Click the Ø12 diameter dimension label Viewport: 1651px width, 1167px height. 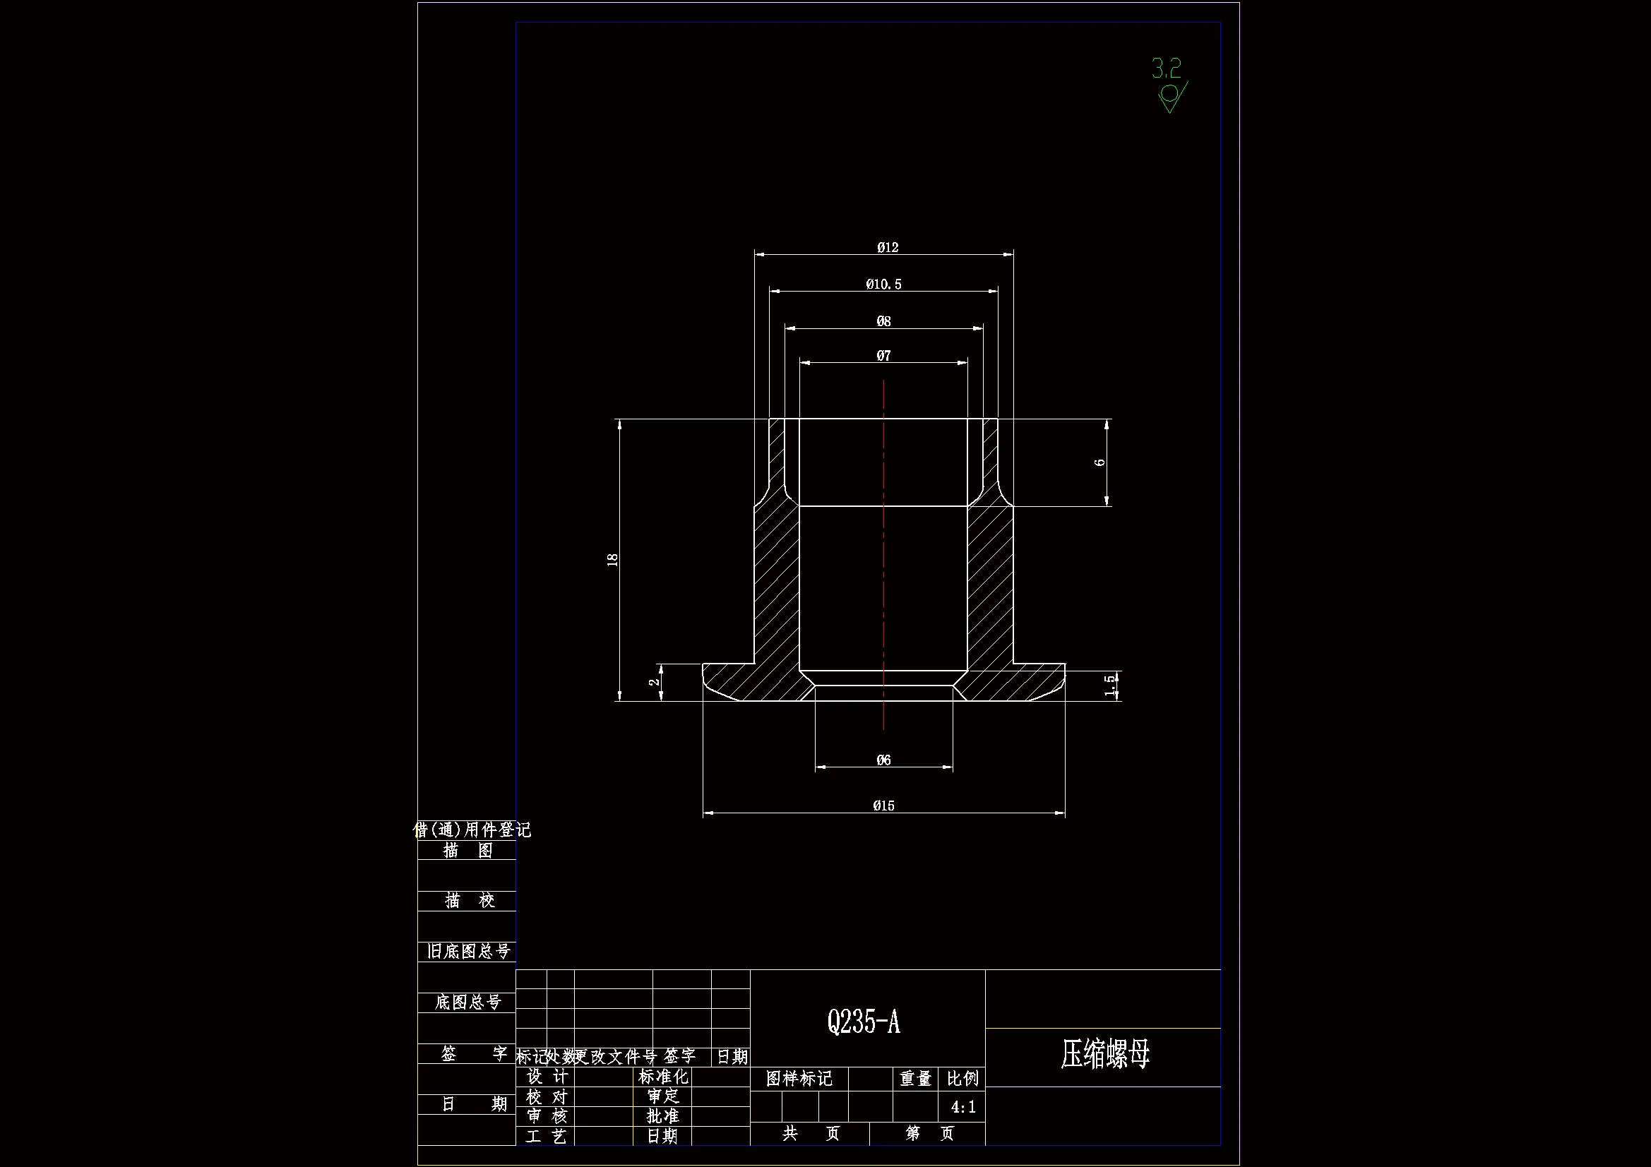888,247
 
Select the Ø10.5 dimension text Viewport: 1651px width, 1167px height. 883,285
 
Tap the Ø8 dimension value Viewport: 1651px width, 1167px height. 883,321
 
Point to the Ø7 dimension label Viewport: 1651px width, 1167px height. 883,356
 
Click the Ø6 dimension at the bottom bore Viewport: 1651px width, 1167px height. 883,760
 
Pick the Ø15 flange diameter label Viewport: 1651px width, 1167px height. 883,806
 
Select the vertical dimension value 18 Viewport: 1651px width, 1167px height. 613,560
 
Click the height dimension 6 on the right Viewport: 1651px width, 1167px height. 1099,462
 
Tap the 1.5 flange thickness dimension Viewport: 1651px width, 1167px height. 1110,685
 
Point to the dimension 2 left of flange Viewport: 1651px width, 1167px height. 654,682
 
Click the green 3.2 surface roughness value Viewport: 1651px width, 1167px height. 1167,69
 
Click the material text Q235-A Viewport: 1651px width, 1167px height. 864,1021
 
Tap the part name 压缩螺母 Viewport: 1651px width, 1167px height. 1105,1054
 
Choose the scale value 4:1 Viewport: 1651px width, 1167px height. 962,1107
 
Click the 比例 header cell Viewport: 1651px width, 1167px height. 962,1079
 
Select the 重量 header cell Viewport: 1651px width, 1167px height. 915,1079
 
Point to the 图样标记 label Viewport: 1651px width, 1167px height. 799,1079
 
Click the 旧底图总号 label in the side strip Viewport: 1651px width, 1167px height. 469,951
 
